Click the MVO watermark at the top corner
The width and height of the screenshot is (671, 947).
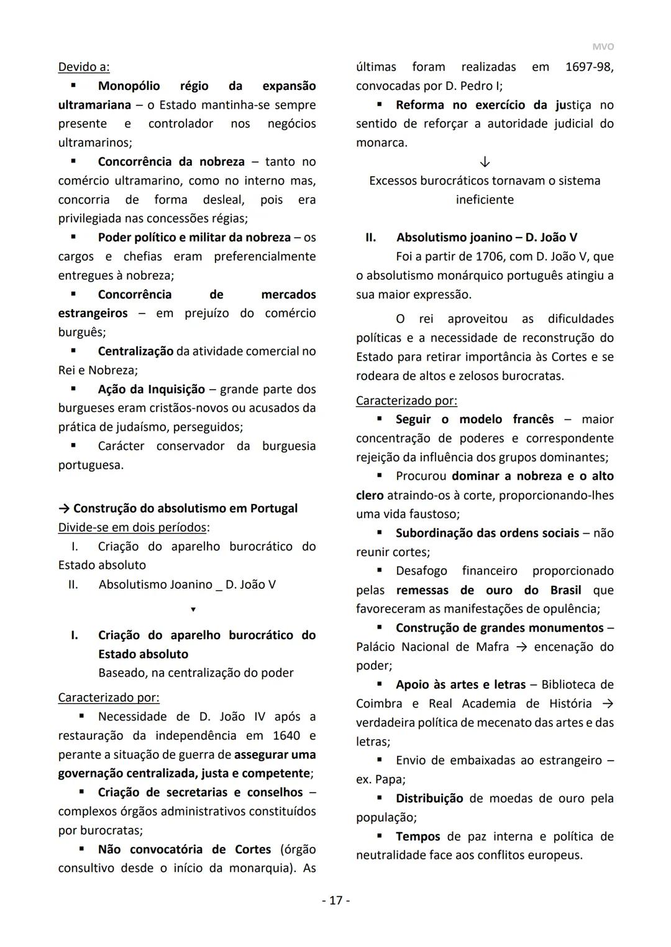[x=602, y=47]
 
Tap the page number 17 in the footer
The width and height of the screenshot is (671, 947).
[x=335, y=900]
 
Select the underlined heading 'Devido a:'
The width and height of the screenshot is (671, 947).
[x=84, y=67]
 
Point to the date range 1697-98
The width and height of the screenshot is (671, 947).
[x=589, y=67]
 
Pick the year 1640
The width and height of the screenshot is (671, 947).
[x=286, y=735]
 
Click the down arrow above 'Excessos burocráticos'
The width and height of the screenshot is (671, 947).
[x=485, y=162]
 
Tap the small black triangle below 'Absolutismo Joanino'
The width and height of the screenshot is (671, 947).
[x=193, y=609]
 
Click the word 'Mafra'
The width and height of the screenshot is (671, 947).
[x=492, y=647]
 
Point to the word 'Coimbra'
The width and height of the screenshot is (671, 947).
[x=379, y=703]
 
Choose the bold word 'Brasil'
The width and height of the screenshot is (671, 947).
[x=565, y=590]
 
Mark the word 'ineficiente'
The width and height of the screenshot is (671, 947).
[x=485, y=200]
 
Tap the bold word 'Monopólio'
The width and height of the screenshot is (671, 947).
[x=129, y=86]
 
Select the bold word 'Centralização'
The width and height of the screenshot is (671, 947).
[x=135, y=351]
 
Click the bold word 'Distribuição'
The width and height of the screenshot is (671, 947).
[x=429, y=798]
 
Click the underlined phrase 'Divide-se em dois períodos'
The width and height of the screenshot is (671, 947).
[x=132, y=527]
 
